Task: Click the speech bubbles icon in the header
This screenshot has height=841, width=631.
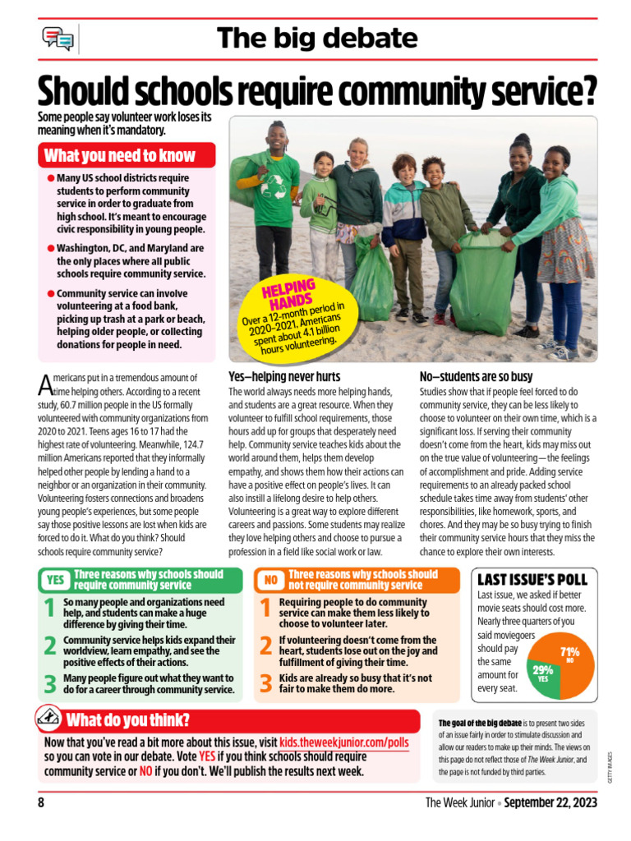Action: [58, 38]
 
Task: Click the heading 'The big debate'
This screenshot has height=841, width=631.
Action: [317, 38]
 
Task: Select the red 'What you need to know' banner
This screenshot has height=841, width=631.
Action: [127, 155]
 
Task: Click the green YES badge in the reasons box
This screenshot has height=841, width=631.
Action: [55, 580]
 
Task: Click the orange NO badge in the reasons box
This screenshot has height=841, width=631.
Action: [270, 580]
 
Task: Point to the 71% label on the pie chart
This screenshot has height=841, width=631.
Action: [569, 652]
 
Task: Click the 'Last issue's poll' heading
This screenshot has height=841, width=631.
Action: [532, 579]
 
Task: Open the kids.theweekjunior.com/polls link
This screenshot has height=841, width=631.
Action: [349, 741]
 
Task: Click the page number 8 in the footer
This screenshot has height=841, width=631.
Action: [41, 802]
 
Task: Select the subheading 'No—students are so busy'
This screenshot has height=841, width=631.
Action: [477, 376]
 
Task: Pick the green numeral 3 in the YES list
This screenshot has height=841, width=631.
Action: [50, 683]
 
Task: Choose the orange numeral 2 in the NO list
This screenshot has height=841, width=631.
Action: [265, 646]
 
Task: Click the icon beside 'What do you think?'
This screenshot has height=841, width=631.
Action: [48, 719]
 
